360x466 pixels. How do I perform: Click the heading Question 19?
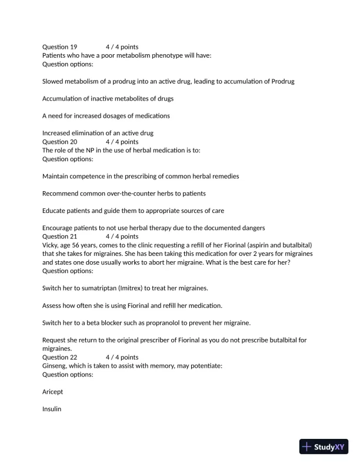tap(59, 46)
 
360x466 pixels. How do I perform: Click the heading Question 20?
tap(59, 142)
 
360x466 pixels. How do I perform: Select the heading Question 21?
tap(59, 237)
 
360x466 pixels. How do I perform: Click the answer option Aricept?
tap(52, 391)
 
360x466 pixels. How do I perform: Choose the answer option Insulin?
tap(52, 408)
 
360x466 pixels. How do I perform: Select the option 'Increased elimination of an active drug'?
tap(98, 133)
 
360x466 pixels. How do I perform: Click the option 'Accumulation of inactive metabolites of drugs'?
tap(108, 98)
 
